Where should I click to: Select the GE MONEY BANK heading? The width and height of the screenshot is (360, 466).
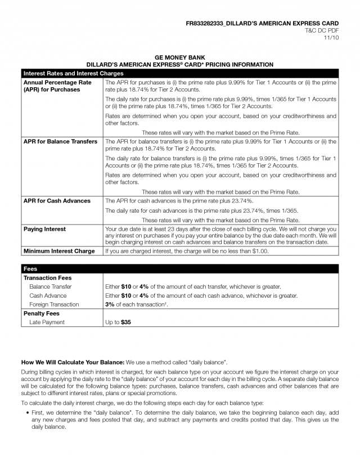click(x=179, y=57)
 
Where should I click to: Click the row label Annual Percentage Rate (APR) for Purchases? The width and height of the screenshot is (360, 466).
click(x=57, y=86)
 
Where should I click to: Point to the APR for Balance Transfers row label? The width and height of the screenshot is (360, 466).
click(x=60, y=141)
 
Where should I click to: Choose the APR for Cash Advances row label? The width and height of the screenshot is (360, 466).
click(x=57, y=200)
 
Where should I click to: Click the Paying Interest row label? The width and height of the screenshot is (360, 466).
click(x=44, y=229)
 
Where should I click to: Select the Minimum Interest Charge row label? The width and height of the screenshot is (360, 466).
click(x=59, y=251)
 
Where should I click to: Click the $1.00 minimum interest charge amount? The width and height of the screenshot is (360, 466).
click(x=259, y=251)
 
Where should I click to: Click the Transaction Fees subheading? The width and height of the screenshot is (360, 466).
click(x=47, y=277)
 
